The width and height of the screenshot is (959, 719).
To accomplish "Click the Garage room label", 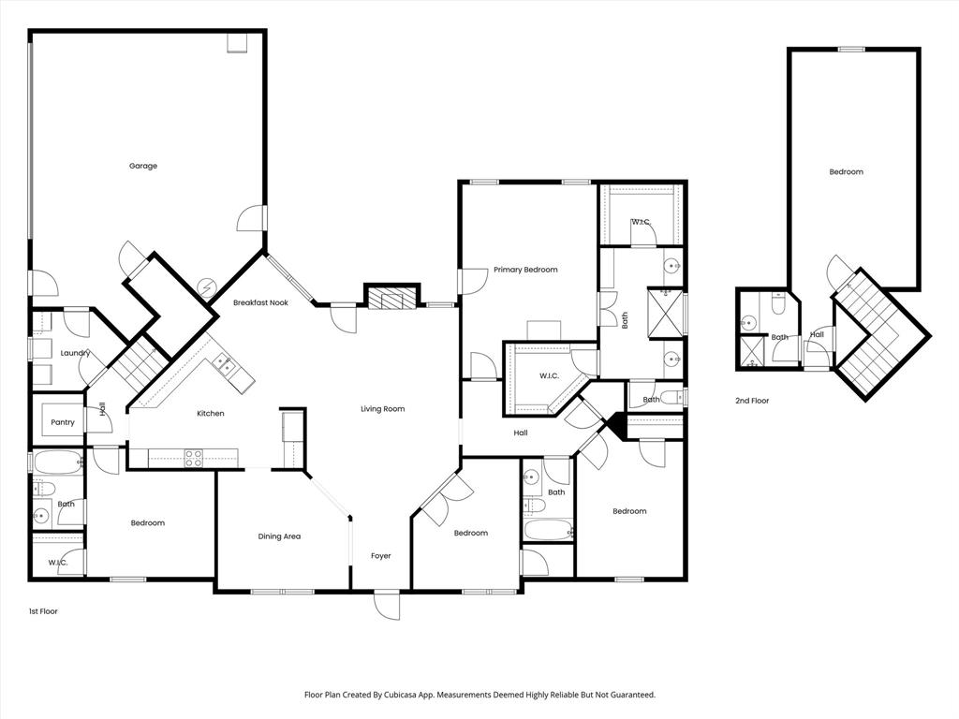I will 143,166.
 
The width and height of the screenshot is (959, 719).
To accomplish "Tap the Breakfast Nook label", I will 260,303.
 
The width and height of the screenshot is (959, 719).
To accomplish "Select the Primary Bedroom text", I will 525,270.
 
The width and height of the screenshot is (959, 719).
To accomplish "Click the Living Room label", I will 383,408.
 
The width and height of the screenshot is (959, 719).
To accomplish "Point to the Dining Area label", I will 279,536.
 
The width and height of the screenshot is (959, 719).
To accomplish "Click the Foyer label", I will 380,556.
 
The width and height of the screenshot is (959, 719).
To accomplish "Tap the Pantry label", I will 63,422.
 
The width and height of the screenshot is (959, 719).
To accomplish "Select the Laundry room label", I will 75,353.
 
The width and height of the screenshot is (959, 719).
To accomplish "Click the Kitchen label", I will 210,413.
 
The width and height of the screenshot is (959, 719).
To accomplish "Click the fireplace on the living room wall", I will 387,299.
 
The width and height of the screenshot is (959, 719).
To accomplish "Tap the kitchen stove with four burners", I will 194,458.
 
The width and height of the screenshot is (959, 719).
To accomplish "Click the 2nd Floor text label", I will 752,401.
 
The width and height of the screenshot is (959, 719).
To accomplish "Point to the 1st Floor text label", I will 43,611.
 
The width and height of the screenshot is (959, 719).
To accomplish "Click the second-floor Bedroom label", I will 846,171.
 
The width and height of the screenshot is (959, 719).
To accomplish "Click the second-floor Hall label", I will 817,334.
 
